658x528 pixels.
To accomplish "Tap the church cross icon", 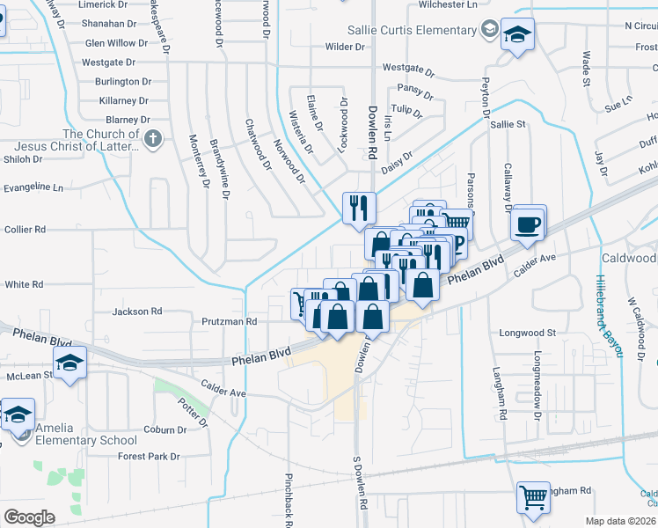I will coord(153,138).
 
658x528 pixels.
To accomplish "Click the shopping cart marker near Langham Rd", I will coord(533,497).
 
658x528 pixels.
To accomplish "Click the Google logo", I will coord(29,517).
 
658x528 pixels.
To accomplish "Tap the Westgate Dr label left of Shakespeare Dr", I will coord(108,62).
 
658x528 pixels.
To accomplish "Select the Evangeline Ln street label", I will coord(34,187).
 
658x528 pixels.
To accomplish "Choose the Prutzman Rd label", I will coord(228,322).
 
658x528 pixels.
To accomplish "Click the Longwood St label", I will coord(528,334).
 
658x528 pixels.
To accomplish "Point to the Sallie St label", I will coord(508,125).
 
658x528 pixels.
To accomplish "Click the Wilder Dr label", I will coord(345,46).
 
